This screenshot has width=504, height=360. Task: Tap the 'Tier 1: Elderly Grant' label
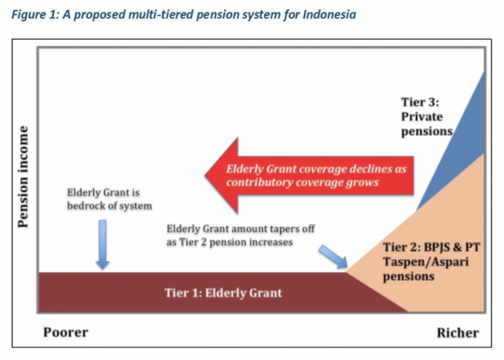tap(223, 292)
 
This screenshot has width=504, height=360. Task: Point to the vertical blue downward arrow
tap(102, 244)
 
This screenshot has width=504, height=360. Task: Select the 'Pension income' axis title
tap(23, 176)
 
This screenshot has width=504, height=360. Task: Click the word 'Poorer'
tap(66, 332)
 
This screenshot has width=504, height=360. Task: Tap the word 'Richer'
tap(457, 333)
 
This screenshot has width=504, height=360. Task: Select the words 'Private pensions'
tap(426, 124)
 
